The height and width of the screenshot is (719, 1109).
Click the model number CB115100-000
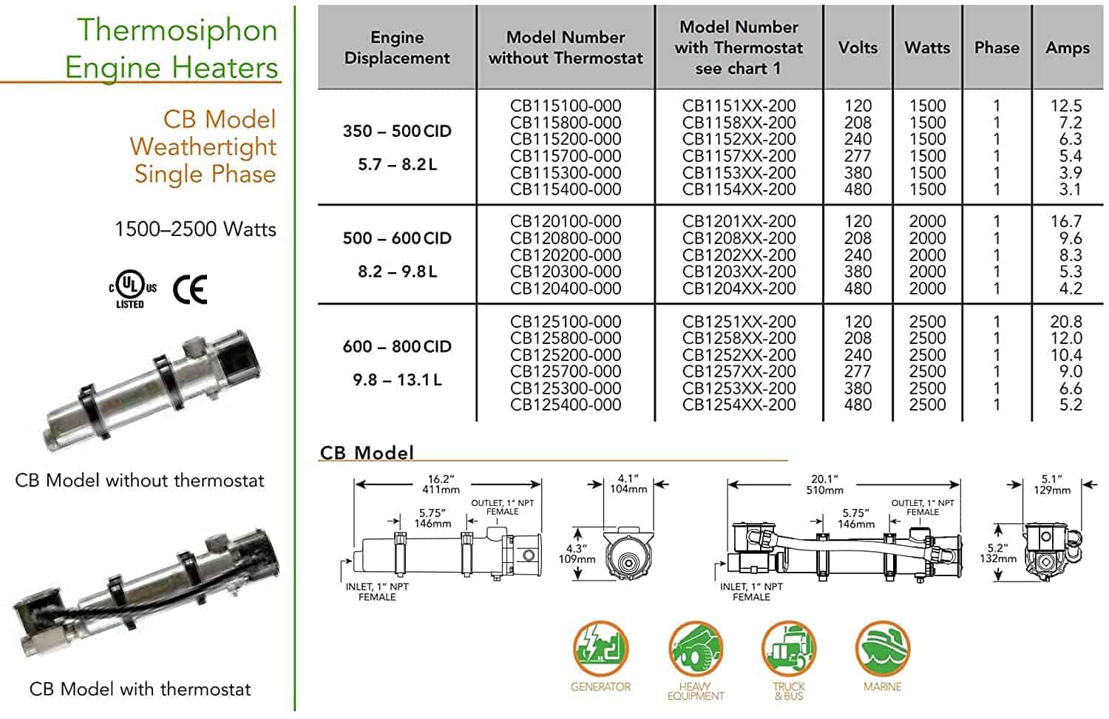pos(566,106)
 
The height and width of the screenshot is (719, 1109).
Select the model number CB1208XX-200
pos(739,238)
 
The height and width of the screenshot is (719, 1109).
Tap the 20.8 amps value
pos(1065,322)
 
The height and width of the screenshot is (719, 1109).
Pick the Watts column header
pos(927,47)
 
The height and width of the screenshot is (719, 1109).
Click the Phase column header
pos(997,47)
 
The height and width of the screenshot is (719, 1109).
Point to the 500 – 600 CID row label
pos(397,238)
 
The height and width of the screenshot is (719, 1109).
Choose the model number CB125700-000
pos(566,371)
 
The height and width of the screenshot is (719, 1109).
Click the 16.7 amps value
pos(1065,221)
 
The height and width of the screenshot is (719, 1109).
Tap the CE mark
pos(190,289)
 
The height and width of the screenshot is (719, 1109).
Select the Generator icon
pos(601,649)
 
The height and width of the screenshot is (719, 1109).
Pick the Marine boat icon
pos(882,649)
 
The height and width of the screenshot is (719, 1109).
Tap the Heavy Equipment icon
pos(695,649)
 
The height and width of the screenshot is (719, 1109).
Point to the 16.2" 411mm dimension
pos(441,484)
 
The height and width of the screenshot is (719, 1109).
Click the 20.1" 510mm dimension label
pos(824,484)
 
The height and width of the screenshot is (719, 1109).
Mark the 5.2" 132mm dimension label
pos(998,553)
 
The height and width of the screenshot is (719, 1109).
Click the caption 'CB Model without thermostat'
pos(140,481)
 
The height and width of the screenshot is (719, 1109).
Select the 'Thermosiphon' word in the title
pos(177,30)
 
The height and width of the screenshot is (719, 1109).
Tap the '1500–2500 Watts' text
pos(195,229)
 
